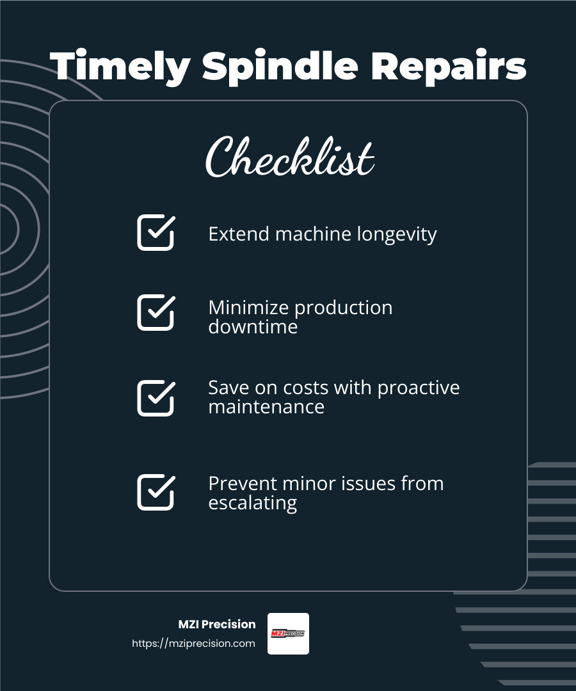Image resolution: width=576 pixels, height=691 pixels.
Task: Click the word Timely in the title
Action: pyautogui.click(x=119, y=67)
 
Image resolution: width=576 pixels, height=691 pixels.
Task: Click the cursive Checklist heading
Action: pyautogui.click(x=289, y=157)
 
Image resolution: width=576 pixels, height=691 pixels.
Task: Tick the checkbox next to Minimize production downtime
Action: pyautogui.click(x=156, y=312)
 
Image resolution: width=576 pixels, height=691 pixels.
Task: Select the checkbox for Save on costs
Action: pyautogui.click(x=156, y=397)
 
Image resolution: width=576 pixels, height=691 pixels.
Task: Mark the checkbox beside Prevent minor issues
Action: pyautogui.click(x=156, y=492)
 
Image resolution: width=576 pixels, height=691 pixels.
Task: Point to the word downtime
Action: pyautogui.click(x=253, y=327)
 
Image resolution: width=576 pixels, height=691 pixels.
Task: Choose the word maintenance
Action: pyautogui.click(x=266, y=407)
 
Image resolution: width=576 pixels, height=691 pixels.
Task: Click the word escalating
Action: pyautogui.click(x=252, y=503)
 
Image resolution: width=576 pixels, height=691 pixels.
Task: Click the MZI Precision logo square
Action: pyautogui.click(x=288, y=633)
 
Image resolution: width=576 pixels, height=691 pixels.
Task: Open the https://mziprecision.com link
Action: pyautogui.click(x=193, y=644)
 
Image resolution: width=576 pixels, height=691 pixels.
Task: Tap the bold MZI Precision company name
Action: pyautogui.click(x=216, y=624)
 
